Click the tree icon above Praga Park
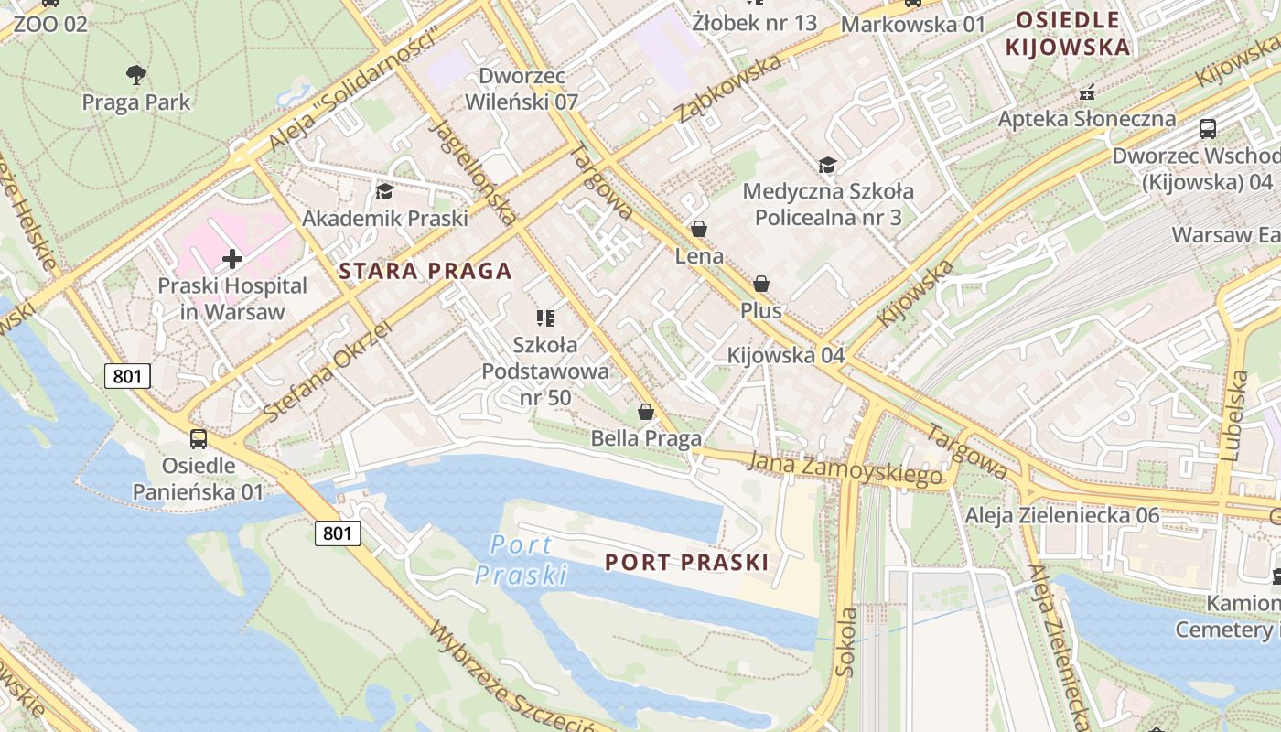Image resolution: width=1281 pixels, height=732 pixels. (136, 74)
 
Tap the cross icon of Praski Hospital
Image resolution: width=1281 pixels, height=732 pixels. (232, 259)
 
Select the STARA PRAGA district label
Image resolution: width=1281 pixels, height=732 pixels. (425, 271)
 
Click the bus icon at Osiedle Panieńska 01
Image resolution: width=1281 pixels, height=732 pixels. (199, 438)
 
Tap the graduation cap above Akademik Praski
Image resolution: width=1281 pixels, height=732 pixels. (384, 191)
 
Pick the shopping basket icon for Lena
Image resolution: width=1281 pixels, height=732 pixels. (699, 229)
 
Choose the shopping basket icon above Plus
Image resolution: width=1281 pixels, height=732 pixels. (761, 285)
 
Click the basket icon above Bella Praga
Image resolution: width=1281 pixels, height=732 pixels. (646, 412)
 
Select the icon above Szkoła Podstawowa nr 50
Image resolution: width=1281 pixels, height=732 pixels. (545, 318)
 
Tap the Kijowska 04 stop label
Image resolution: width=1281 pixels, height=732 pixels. (785, 355)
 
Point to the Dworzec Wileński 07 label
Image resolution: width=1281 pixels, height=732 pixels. (522, 89)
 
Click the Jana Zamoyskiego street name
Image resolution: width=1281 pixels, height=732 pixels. (845, 469)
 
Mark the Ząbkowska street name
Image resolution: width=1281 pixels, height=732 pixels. (729, 88)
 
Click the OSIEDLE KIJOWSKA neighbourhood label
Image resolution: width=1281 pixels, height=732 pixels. (1068, 33)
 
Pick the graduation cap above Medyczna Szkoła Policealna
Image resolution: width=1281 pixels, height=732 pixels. (827, 165)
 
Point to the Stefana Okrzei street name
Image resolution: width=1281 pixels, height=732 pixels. (327, 371)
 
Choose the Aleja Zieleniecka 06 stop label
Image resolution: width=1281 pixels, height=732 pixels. (1062, 515)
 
